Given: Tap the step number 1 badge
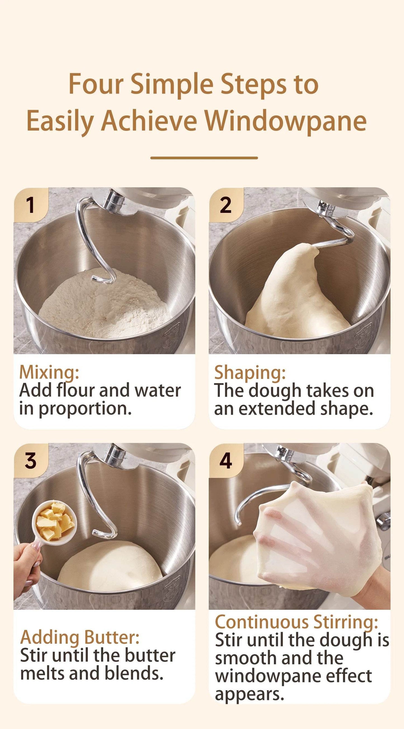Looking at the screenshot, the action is (x=30, y=205).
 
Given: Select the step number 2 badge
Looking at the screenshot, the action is (x=226, y=205).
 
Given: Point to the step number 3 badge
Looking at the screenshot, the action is (x=30, y=461).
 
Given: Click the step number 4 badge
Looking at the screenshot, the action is (x=226, y=461).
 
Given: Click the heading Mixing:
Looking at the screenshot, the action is (x=49, y=372).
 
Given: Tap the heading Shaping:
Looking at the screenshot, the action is (x=250, y=373).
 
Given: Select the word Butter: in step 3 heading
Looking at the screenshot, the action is (x=112, y=637).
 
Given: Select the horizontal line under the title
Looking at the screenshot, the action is (x=204, y=158).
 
